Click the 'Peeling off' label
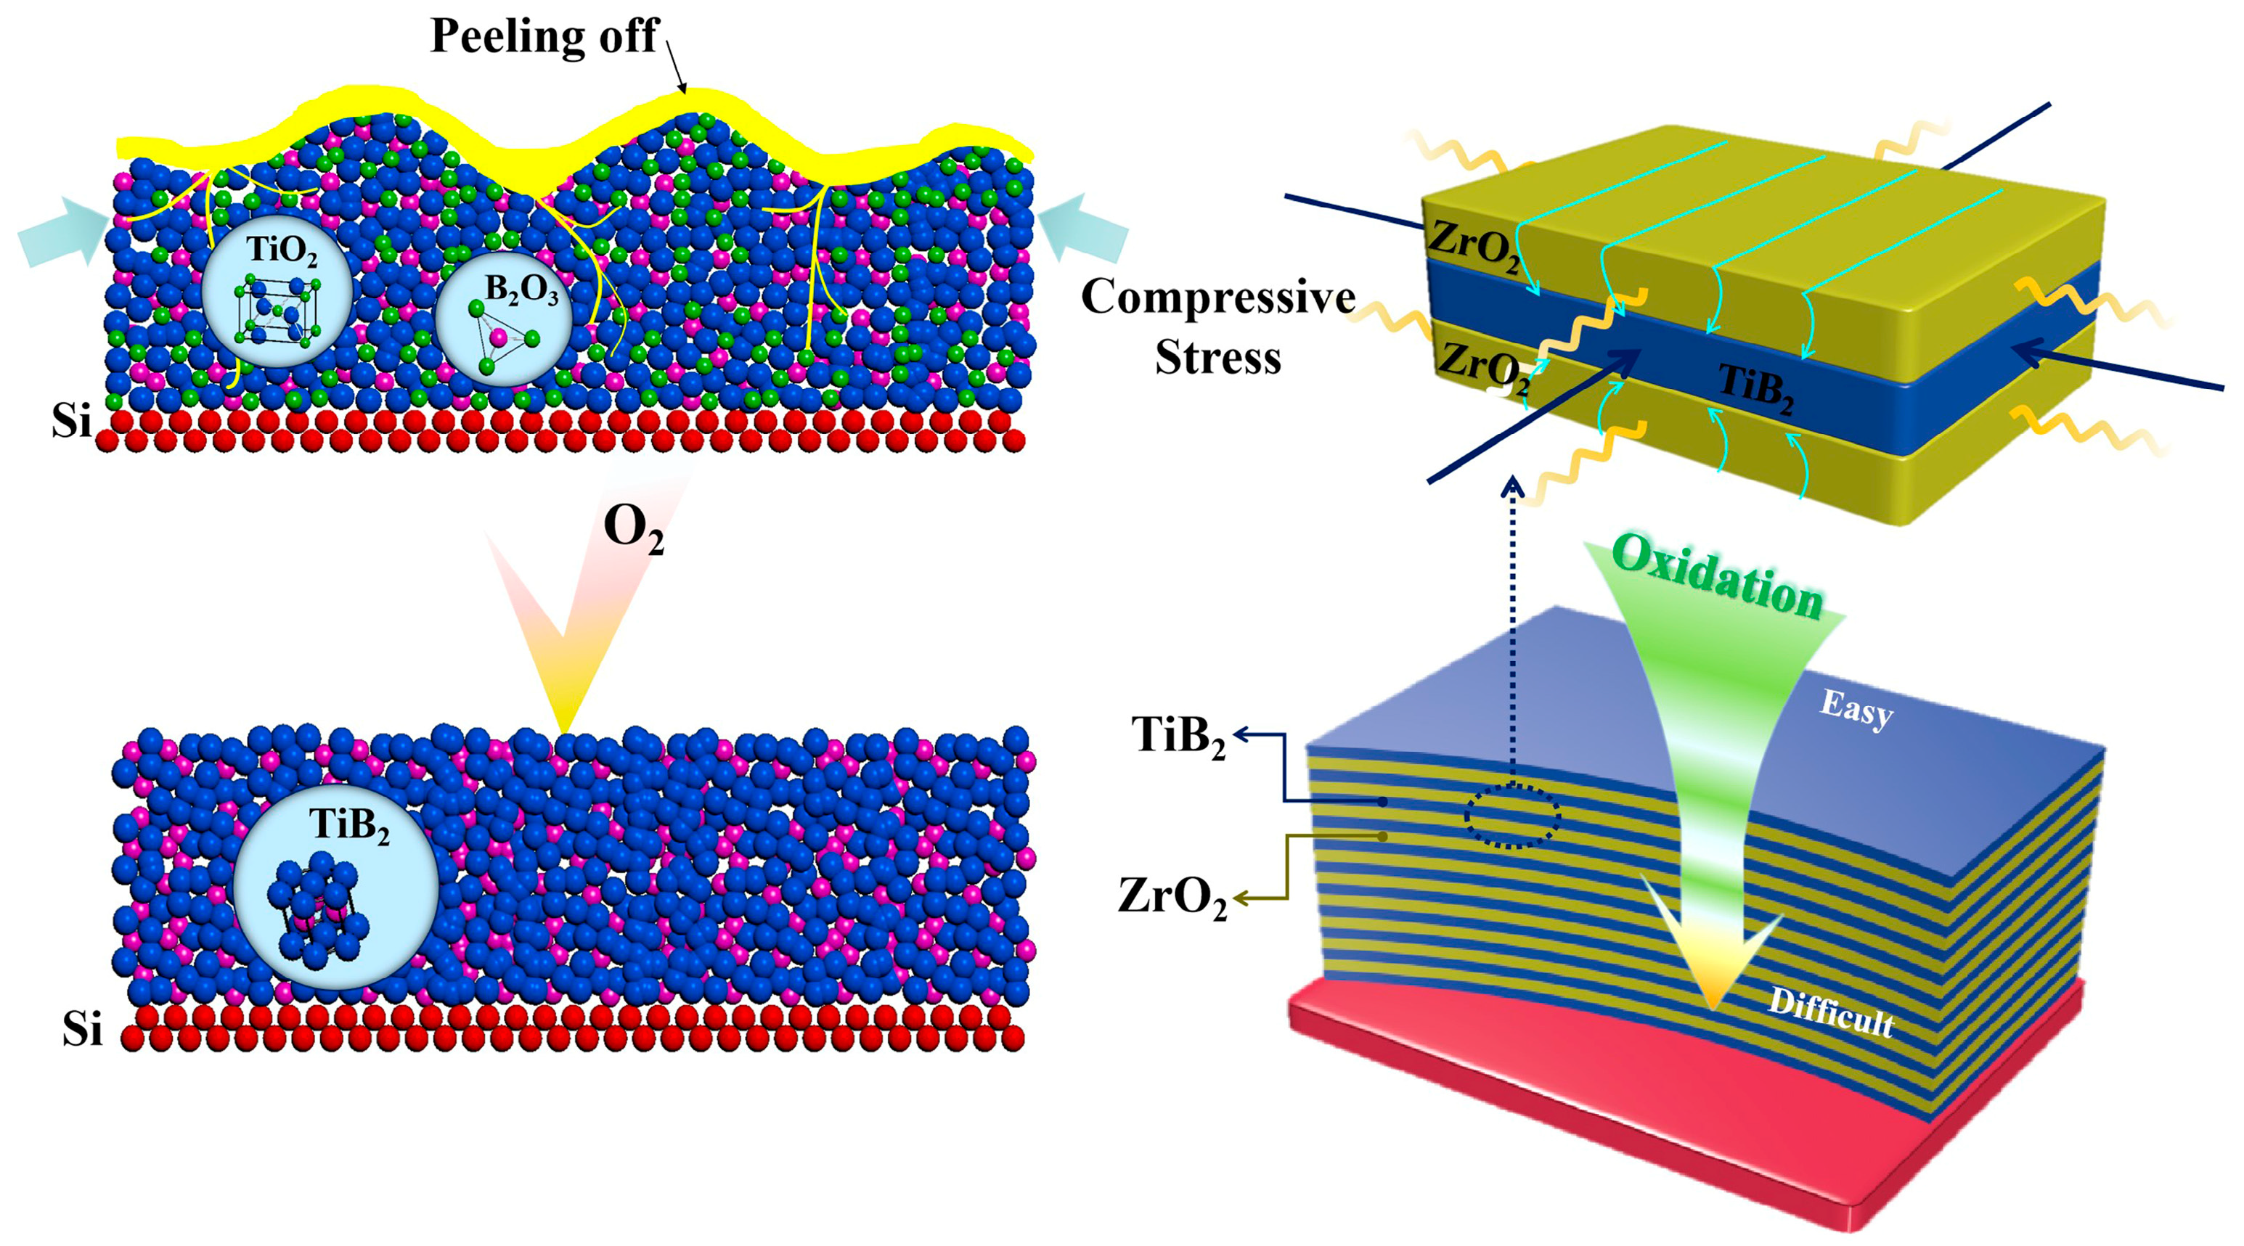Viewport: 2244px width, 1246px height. click(x=544, y=36)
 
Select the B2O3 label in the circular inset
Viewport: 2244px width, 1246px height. click(x=521, y=290)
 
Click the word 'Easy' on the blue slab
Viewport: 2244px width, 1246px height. click(x=1856, y=710)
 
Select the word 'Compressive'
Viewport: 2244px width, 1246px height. click(x=1217, y=298)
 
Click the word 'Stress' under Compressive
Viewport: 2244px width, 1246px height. click(x=1217, y=358)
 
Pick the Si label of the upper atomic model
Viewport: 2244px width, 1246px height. click(x=71, y=422)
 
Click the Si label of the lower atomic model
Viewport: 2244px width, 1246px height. click(x=83, y=1030)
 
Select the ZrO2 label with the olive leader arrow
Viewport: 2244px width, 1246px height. click(x=1172, y=897)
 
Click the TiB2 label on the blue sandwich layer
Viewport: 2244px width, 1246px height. click(x=1755, y=388)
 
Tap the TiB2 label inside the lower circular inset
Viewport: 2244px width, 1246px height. click(x=349, y=824)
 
